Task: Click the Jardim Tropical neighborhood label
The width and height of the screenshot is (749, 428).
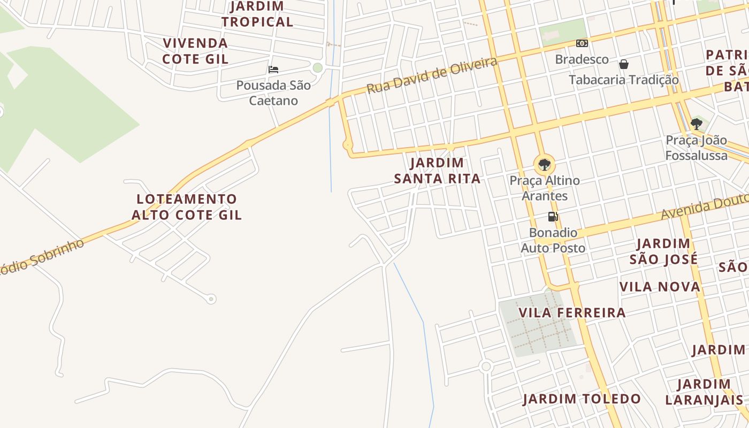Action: click(257, 14)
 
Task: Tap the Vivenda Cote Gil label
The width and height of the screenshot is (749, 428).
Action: click(195, 51)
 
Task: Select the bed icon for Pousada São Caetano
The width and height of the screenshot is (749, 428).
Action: click(273, 70)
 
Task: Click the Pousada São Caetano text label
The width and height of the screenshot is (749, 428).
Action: click(273, 93)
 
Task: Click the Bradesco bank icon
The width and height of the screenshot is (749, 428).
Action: click(582, 43)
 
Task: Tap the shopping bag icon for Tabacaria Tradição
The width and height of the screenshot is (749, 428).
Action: click(624, 65)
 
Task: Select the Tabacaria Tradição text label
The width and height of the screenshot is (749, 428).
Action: click(624, 80)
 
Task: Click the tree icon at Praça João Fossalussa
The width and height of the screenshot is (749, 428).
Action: click(696, 125)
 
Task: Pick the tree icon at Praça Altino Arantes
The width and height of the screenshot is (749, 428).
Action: click(544, 164)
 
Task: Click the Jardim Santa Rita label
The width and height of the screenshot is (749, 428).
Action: click(437, 171)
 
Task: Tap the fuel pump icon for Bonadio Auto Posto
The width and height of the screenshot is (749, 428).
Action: click(553, 217)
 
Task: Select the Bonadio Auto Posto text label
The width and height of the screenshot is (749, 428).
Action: click(553, 240)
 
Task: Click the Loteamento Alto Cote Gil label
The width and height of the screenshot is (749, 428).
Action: click(187, 207)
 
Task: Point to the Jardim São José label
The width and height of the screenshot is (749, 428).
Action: click(663, 251)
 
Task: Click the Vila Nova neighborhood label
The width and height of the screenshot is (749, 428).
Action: click(660, 287)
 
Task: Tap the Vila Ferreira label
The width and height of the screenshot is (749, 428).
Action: click(572, 312)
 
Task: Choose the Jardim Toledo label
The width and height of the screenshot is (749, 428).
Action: click(582, 399)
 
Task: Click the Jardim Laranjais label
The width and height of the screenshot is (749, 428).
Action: click(704, 392)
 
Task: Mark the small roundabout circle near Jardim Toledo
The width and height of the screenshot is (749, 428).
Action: click(486, 366)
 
